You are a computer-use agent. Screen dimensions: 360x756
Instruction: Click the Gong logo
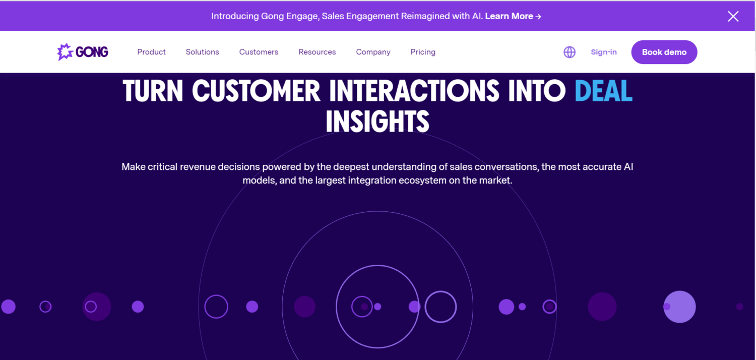[83, 52]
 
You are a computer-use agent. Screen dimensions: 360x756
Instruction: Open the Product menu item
[151, 52]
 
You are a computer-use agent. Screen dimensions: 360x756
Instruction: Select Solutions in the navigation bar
[202, 52]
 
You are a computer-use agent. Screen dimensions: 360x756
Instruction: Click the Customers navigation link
[259, 52]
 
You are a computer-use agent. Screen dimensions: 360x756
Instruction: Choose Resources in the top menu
[317, 52]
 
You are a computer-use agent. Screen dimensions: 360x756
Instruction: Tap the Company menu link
[373, 52]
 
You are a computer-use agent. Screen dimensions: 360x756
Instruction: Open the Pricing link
[423, 52]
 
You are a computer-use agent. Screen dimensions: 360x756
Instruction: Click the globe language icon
[570, 52]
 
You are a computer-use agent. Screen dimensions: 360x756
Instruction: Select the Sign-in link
[604, 52]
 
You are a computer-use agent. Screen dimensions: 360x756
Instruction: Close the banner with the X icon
[733, 16]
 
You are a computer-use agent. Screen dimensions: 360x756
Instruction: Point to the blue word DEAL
[603, 91]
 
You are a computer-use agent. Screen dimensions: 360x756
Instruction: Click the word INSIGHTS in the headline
[377, 122]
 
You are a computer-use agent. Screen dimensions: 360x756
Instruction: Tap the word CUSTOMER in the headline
[256, 91]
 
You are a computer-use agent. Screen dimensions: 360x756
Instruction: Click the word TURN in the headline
[152, 91]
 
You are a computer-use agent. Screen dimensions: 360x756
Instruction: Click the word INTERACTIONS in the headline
[414, 91]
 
